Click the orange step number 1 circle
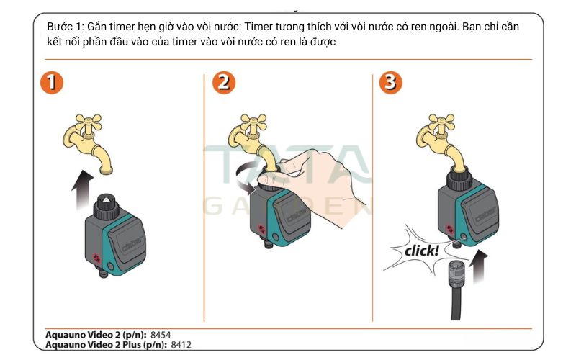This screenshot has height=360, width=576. [52, 83]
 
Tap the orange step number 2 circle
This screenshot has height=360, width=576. [224, 83]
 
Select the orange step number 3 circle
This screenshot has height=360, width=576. [390, 83]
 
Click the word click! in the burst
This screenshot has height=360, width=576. [421, 251]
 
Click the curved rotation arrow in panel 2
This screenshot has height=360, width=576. [246, 178]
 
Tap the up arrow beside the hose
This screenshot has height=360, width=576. [480, 266]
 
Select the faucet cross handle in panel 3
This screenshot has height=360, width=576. [441, 122]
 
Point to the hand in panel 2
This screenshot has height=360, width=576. [316, 184]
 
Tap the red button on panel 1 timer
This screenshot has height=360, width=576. [96, 258]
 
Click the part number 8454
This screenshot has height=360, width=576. [161, 335]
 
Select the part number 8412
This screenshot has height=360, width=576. [181, 345]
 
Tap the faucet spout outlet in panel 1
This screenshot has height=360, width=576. [106, 171]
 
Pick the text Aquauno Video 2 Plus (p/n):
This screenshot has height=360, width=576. [107, 345]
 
